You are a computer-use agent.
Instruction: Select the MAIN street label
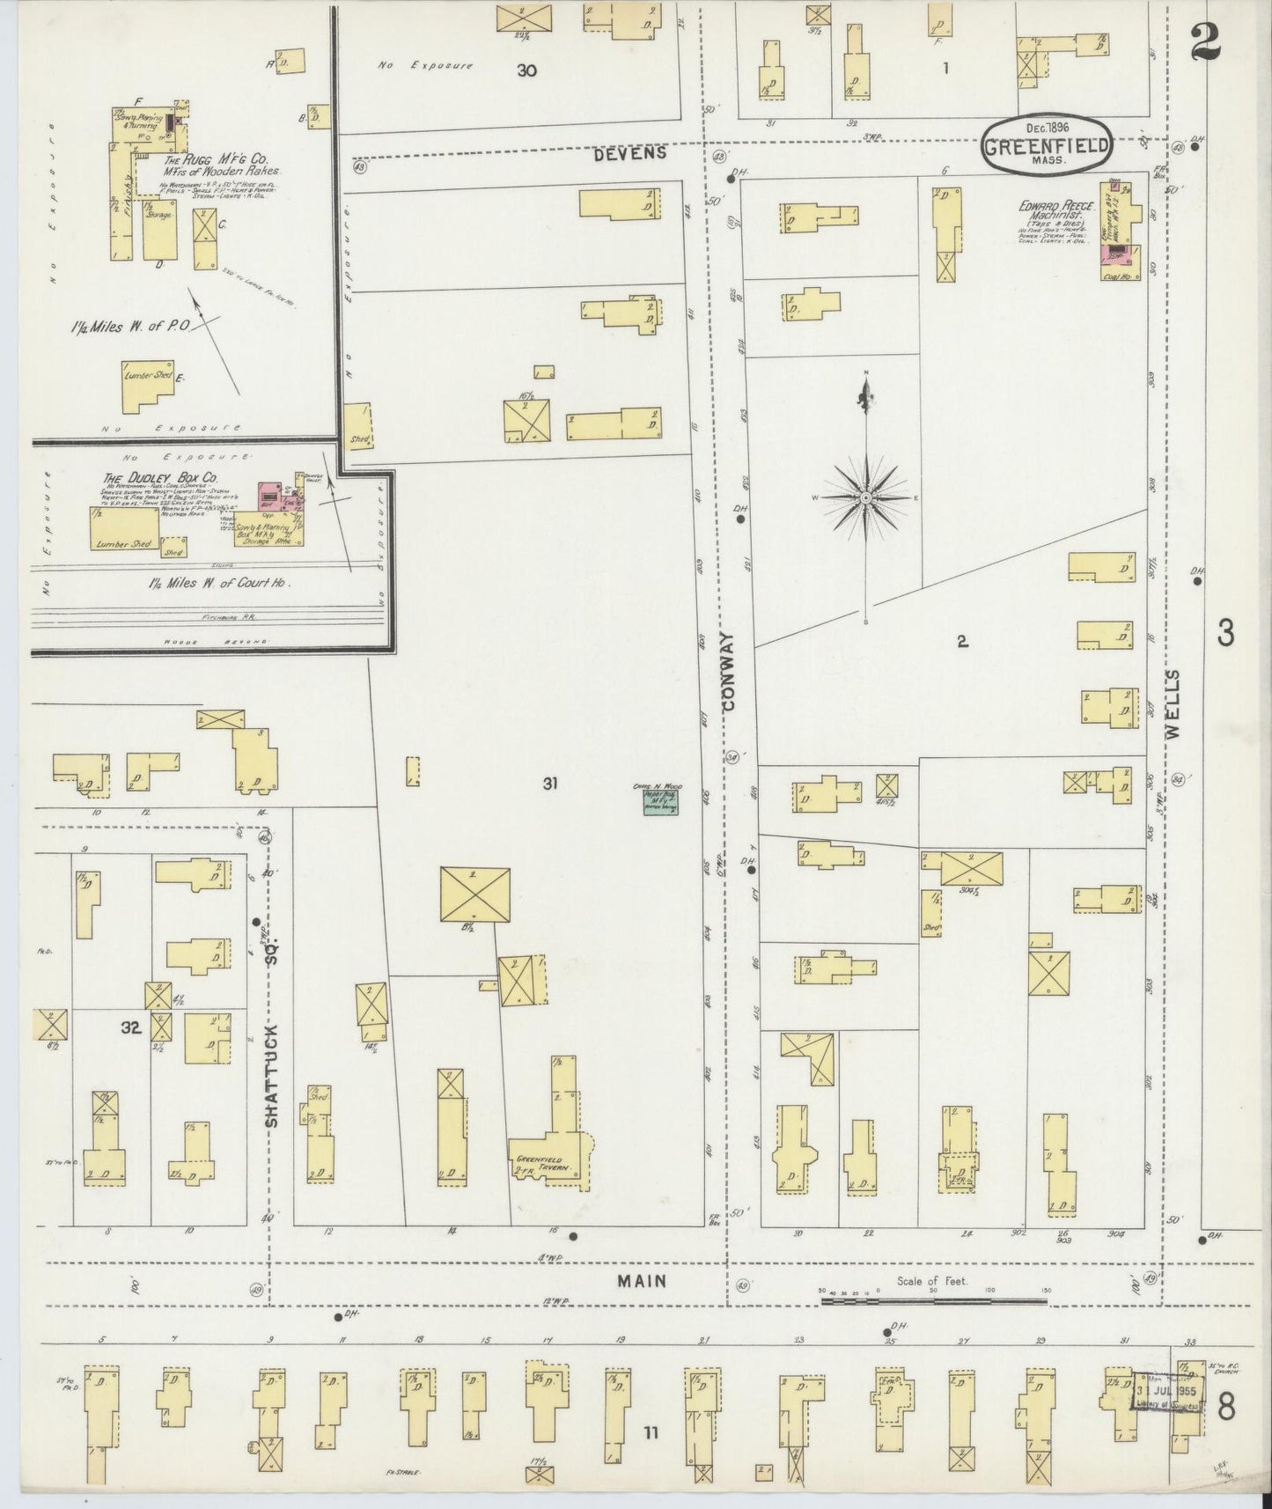641,1282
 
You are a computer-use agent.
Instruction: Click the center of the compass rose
866,498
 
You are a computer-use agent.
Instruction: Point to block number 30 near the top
526,70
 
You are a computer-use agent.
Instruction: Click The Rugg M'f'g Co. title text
209,164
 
